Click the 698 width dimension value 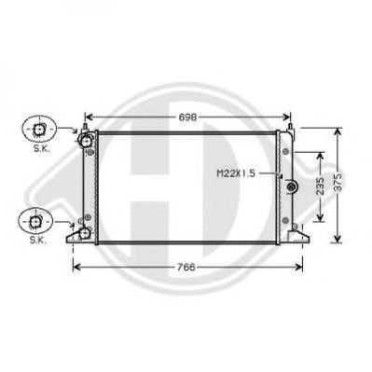(x=187, y=117)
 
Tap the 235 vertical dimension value (x=320, y=186)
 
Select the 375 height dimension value (x=338, y=182)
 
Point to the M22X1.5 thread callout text (x=236, y=173)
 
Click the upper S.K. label (x=41, y=148)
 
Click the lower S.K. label (x=38, y=240)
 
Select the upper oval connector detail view (x=39, y=129)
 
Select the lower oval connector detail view (x=35, y=220)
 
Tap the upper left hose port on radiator (x=85, y=141)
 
